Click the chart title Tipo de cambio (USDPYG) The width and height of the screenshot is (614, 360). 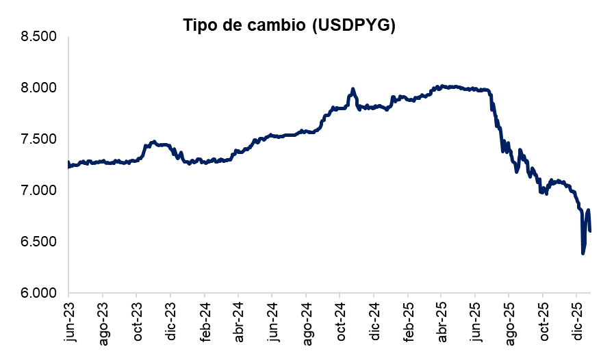[290, 25]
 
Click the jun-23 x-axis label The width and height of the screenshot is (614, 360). [68, 318]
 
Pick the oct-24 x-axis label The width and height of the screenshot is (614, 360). [340, 318]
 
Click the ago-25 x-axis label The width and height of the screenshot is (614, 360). [509, 319]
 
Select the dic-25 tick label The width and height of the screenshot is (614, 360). [576, 318]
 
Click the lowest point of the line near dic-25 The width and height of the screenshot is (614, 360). [583, 253]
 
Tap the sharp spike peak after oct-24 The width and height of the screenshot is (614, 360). [353, 89]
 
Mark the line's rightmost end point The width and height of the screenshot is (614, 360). [590, 231]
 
